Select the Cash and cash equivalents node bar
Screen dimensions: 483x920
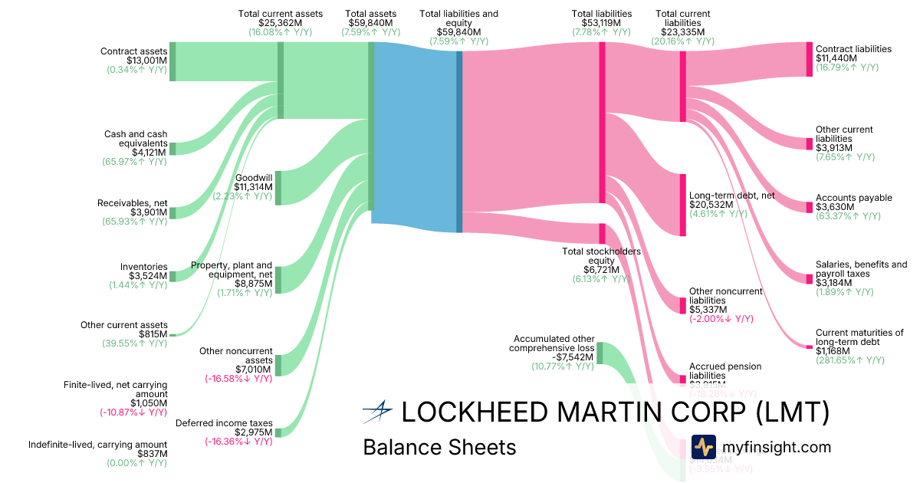[x=172, y=148]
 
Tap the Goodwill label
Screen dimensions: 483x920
[x=255, y=177]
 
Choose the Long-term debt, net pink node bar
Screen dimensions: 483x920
[x=683, y=205]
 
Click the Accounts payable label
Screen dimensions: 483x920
[x=853, y=198]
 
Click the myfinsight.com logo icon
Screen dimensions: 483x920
[x=703, y=447]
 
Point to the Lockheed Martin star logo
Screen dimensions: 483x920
[x=377, y=412]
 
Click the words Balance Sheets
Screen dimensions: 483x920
[x=439, y=447]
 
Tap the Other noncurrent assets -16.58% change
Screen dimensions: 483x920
[x=238, y=379]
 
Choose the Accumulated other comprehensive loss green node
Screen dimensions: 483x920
[x=600, y=353]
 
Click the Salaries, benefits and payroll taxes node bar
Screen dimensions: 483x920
[x=809, y=278]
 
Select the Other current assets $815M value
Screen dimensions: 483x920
[x=149, y=334]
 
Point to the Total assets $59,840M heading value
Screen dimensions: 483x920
[x=372, y=23]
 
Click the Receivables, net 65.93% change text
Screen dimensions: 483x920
[x=135, y=222]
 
